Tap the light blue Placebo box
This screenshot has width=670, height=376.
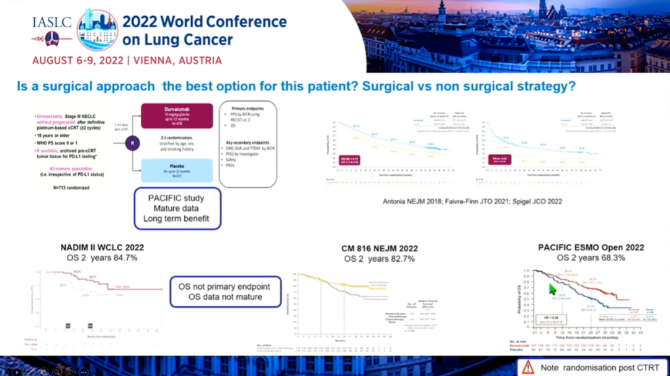(177, 170)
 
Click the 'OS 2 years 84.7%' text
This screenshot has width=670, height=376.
(99, 257)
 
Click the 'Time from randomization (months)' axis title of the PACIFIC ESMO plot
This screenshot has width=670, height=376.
(583, 334)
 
